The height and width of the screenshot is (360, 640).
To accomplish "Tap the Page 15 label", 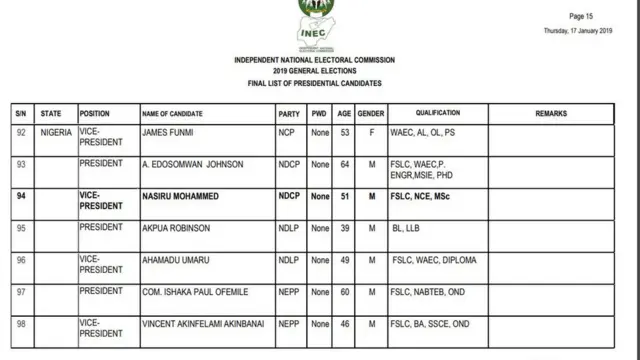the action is pos(581,17).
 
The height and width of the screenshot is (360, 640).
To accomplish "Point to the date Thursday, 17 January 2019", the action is pos(578,31).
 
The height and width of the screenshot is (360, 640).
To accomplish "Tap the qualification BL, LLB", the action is pos(408,229).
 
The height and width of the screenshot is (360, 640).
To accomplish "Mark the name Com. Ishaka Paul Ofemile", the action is pos(194,292).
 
